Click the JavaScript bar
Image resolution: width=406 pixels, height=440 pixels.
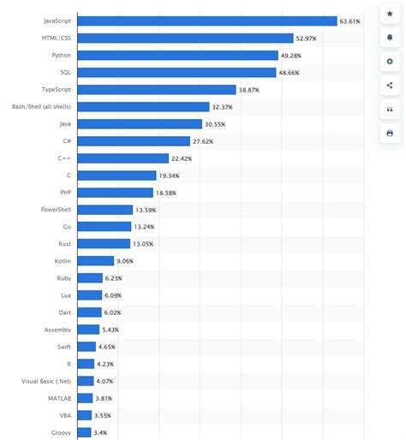tap(206, 21)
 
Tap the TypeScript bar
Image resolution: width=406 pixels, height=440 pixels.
tap(156, 89)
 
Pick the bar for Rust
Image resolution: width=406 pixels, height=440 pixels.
tap(104, 244)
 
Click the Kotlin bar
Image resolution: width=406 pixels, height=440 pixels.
tap(95, 261)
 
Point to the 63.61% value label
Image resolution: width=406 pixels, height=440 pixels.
tap(351, 21)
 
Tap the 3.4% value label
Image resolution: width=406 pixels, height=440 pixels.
tap(101, 432)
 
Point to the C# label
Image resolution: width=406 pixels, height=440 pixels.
tap(66, 141)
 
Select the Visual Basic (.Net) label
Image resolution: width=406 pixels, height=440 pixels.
tap(47, 381)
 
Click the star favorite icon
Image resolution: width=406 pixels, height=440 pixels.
tap(390, 15)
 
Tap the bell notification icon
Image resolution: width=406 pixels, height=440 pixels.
tap(390, 39)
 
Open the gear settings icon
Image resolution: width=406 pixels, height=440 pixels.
tap(390, 62)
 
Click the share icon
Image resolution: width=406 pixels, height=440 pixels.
tap(390, 86)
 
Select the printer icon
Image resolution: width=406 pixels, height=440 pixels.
tap(390, 134)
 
